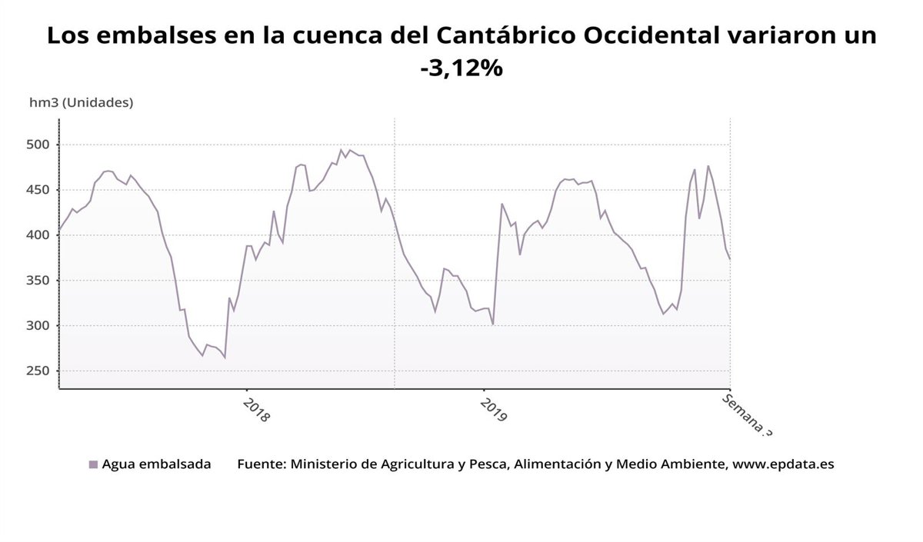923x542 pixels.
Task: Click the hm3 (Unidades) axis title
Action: [81, 102]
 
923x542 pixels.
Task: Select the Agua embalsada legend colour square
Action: [93, 464]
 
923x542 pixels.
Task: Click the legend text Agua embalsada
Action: [156, 464]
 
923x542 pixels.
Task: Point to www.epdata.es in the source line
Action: [783, 464]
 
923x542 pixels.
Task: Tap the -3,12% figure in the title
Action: [461, 68]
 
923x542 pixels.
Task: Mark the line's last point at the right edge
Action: [729, 258]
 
